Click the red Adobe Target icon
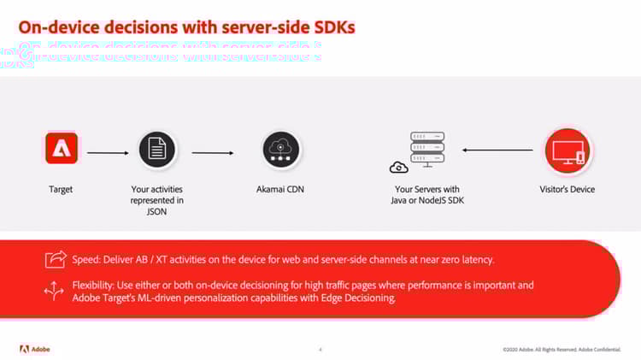tap(62, 148)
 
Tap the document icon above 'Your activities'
tap(156, 149)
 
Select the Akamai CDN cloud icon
tap(281, 149)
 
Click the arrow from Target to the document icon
tap(108, 153)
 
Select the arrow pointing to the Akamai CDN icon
tap(212, 153)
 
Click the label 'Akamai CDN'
tap(281, 189)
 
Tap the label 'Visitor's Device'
tap(567, 189)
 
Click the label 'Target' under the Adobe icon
tap(61, 189)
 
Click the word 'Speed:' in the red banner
tap(89, 258)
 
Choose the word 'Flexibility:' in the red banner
tap(95, 285)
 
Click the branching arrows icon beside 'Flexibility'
tap(54, 292)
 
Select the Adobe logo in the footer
tap(37, 348)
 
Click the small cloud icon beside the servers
tap(397, 167)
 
